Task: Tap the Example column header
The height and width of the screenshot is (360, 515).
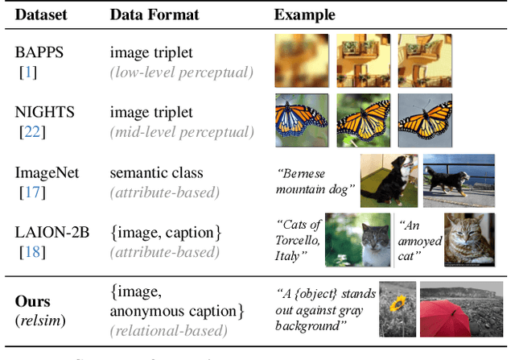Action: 305,15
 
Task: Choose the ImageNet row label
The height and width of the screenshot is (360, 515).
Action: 45,173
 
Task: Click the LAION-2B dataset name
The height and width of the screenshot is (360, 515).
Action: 51,233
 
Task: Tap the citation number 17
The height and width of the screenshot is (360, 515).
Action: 31,192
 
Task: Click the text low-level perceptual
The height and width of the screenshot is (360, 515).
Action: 182,73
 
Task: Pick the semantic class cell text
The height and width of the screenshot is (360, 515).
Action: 156,173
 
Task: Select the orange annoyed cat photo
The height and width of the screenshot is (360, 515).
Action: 472,240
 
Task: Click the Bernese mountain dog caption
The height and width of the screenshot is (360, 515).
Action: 314,182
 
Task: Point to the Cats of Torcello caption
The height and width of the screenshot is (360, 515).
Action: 299,239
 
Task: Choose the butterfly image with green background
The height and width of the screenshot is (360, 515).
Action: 363,119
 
